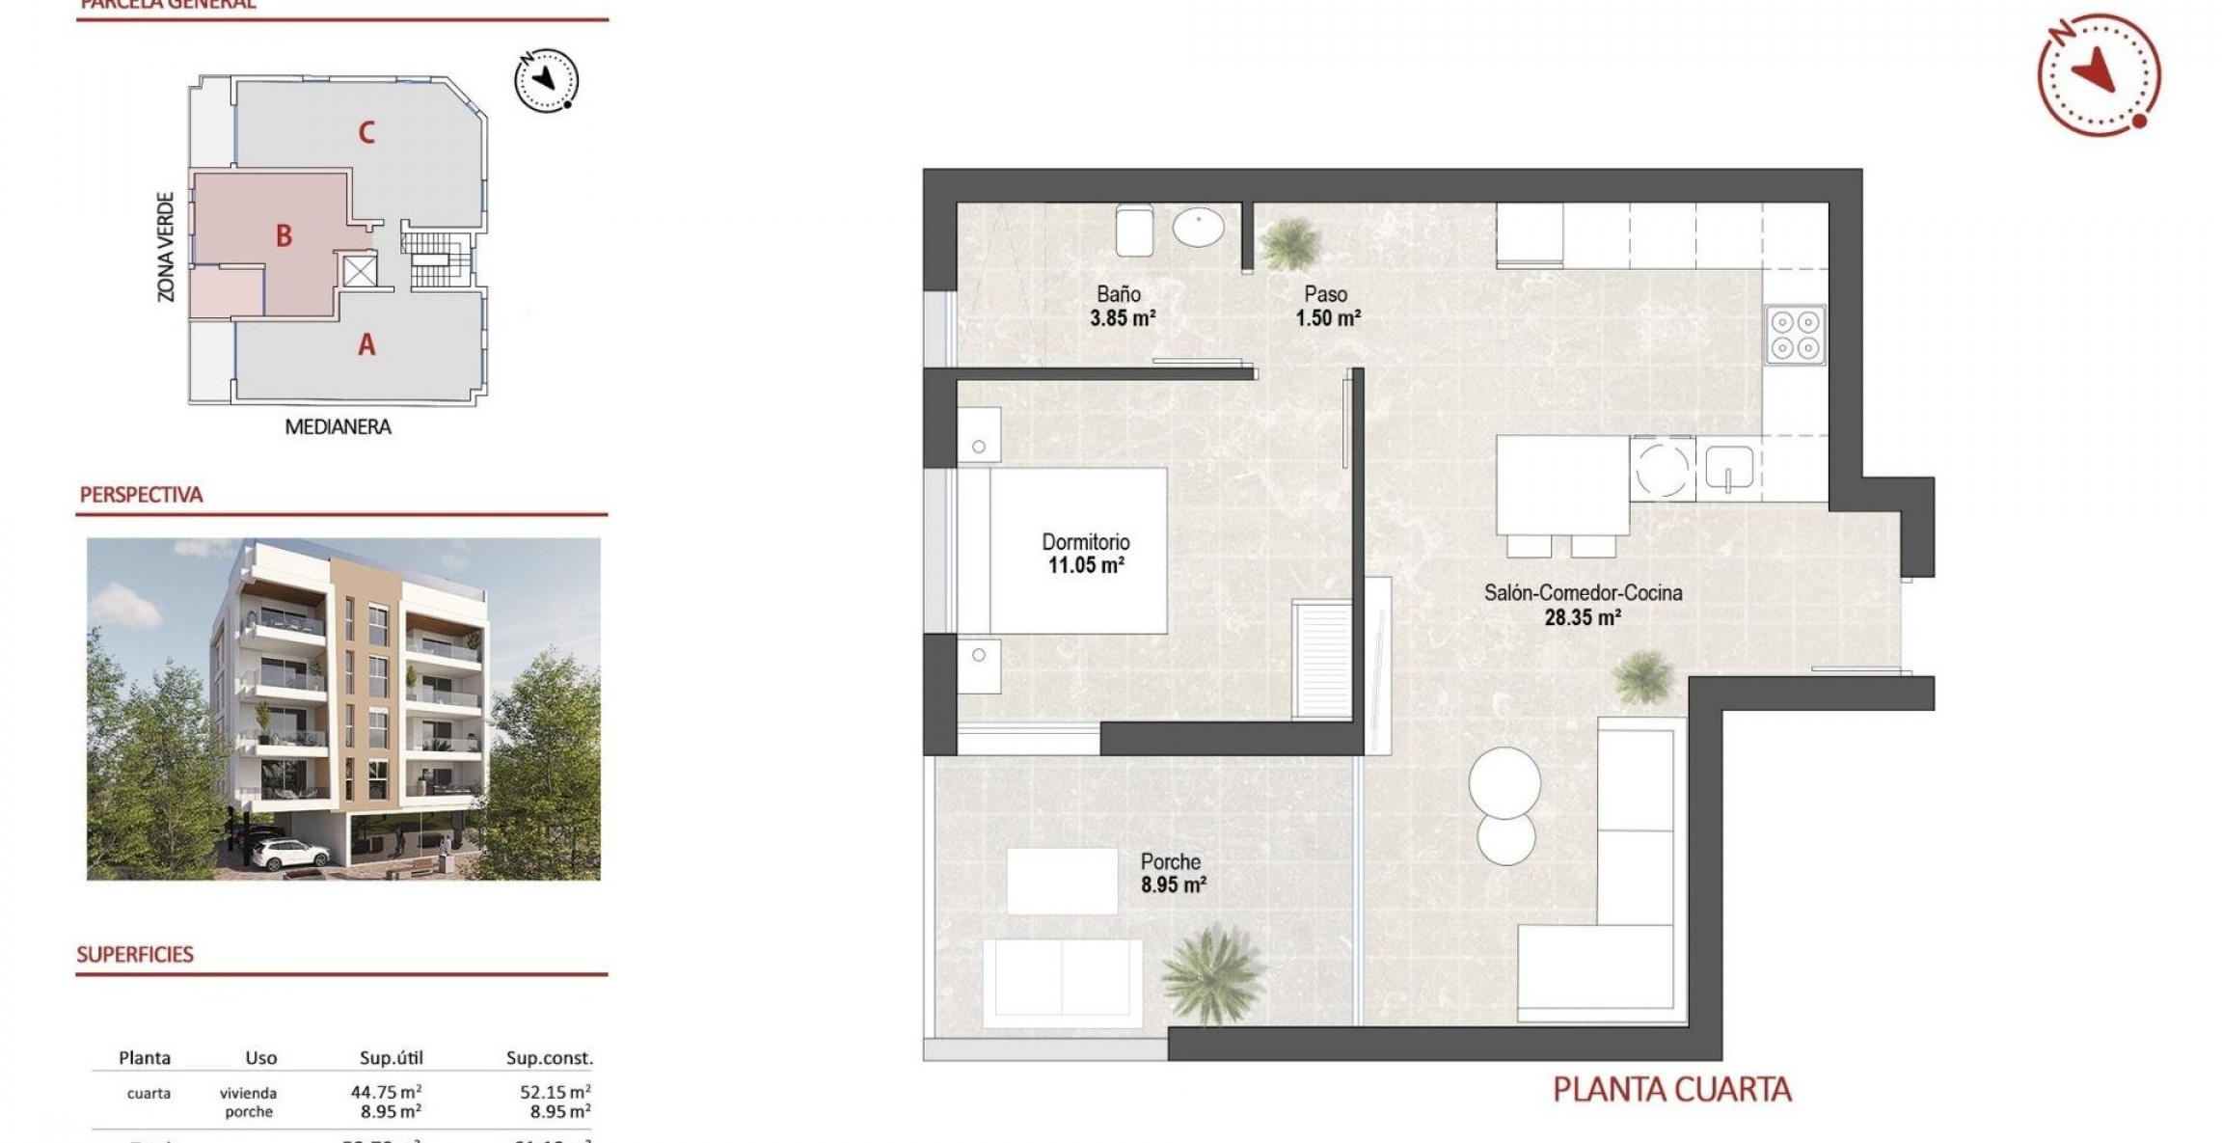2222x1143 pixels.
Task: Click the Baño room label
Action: tap(1119, 294)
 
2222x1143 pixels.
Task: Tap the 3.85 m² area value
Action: tap(1123, 317)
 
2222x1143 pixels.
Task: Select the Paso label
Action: tap(1326, 294)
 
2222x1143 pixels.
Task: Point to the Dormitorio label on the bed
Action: tap(1086, 542)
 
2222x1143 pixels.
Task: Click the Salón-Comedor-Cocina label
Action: tap(1583, 593)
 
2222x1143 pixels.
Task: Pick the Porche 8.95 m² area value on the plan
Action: tap(1173, 884)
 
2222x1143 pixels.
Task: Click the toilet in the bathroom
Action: tap(1134, 231)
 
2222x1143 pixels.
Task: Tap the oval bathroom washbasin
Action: tap(1198, 228)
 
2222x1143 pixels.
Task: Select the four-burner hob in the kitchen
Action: tap(1795, 335)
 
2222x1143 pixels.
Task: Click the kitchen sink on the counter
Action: tap(1728, 469)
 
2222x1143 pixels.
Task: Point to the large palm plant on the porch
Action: tap(1211, 974)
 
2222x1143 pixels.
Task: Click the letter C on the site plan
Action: tap(366, 132)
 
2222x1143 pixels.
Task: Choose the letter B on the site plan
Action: tap(284, 235)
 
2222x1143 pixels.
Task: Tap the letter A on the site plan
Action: tap(366, 344)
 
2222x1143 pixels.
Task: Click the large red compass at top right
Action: tap(2099, 74)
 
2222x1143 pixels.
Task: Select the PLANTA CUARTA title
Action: tap(1671, 1090)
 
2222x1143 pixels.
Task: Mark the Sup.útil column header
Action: tap(392, 1058)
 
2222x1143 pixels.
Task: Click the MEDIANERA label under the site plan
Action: tap(339, 426)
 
